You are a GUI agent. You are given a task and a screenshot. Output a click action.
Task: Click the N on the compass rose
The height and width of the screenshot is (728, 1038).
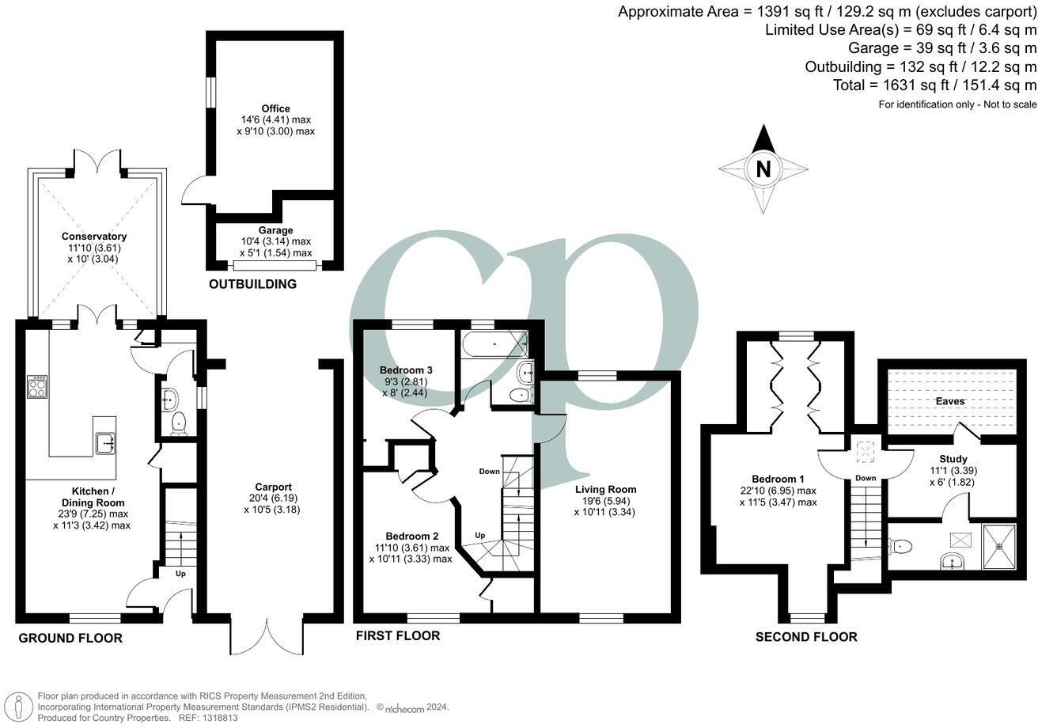tap(763, 169)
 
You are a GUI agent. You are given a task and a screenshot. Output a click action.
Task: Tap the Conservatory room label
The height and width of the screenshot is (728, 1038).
tap(96, 237)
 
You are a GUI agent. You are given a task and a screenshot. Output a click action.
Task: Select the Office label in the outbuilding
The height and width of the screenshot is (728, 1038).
tap(276, 108)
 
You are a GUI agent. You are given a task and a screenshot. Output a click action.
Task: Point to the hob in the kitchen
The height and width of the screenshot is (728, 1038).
tap(36, 387)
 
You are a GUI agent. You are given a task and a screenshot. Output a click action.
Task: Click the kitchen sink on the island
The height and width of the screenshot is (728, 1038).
tap(106, 444)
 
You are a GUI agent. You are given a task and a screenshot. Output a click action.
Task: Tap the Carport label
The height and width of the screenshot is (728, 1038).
tap(273, 487)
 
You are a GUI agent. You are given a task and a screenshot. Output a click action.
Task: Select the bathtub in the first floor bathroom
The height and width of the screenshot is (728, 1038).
tap(494, 345)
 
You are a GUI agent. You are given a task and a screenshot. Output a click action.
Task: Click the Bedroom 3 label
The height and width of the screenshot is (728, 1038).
tap(406, 370)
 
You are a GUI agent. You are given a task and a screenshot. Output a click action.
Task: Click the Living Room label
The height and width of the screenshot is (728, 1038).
tap(605, 489)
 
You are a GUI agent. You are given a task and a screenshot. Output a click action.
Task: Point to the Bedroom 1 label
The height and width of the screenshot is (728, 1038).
tap(778, 480)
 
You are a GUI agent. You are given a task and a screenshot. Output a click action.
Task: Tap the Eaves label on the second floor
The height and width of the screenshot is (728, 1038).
tap(950, 401)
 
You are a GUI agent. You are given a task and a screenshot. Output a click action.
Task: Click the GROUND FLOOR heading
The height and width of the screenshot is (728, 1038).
tap(70, 638)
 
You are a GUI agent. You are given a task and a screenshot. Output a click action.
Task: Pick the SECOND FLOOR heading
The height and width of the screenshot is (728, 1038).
tap(805, 637)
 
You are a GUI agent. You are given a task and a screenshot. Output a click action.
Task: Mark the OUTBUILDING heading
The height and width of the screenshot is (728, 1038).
tap(252, 284)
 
